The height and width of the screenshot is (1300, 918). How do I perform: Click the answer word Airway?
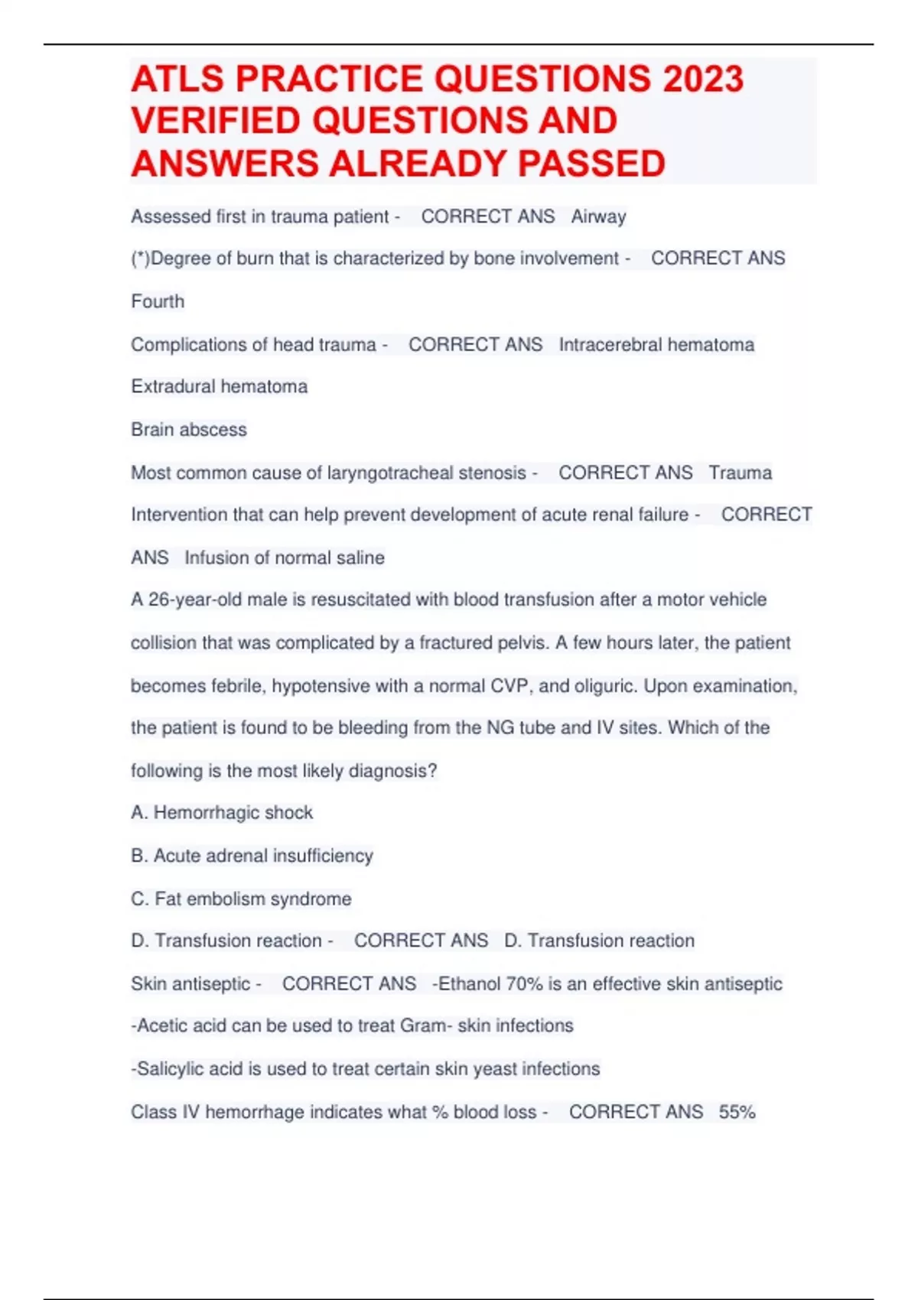click(x=598, y=217)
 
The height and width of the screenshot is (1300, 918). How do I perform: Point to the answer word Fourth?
click(x=158, y=301)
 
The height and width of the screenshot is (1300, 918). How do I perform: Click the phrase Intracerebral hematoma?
click(x=656, y=345)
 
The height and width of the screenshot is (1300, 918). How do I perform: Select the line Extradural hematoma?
click(x=219, y=387)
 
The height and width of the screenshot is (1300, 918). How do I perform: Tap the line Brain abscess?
click(x=189, y=430)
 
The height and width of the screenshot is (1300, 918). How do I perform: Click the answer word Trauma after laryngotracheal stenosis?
click(x=740, y=473)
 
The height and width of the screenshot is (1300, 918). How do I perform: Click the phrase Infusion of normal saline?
click(x=284, y=558)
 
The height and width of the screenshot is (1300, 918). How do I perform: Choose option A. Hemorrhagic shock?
click(x=222, y=813)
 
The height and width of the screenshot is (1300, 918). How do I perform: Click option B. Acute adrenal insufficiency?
click(x=252, y=856)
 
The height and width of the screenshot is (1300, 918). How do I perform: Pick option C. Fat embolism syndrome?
click(x=241, y=899)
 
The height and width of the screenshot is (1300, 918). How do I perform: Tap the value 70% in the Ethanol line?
click(x=523, y=984)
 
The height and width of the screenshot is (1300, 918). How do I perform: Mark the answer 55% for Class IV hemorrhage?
click(x=737, y=1113)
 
